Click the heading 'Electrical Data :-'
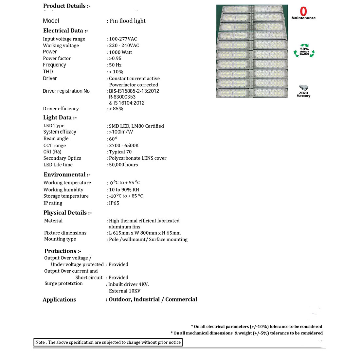65,31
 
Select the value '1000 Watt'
120,52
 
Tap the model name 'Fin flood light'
128,21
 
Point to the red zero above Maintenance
303,11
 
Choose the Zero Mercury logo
303,91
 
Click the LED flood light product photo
252,51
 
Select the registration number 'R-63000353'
122,97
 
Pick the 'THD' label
48,72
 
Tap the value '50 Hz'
115,65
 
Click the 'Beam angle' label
56,139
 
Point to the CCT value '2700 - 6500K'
124,146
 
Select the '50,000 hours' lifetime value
123,165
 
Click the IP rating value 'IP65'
114,203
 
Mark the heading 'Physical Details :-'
67,213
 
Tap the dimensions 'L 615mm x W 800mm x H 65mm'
145,233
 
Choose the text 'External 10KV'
125,291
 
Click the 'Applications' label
59,300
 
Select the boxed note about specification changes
108,342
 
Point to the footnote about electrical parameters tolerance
256,327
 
